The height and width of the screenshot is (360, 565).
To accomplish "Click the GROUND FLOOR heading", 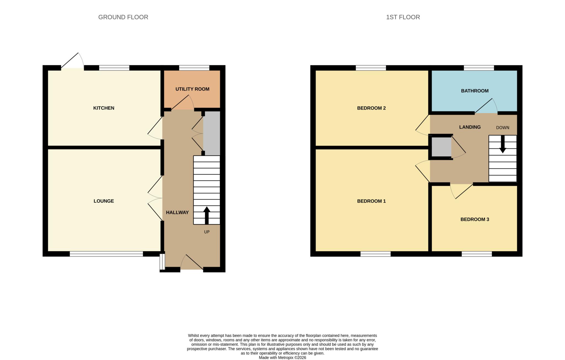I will (x=123, y=17).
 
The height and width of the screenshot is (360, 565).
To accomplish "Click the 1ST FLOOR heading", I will (x=403, y=17).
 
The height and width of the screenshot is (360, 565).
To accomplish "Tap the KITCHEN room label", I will (x=104, y=108).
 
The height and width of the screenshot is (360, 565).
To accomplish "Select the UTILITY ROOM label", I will (x=192, y=89).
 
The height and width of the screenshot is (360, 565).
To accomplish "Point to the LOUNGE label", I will (x=104, y=201).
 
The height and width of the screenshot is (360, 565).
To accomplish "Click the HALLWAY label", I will (x=177, y=212).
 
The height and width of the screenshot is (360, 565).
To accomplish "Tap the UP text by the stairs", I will (x=207, y=232).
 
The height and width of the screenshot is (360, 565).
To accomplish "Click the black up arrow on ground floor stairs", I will (x=207, y=215).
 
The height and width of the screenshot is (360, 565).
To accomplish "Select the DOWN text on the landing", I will (x=503, y=128).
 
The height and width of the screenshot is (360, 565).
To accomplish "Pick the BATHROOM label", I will (x=475, y=91).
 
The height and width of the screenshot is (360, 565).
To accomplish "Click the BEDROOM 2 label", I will (x=371, y=108).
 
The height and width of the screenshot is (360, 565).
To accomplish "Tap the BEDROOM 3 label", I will (x=475, y=219).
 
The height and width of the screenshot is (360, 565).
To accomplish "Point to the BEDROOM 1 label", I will (x=371, y=201).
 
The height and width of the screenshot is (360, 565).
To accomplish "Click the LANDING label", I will (x=470, y=127).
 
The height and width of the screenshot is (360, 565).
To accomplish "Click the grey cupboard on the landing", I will (x=441, y=147).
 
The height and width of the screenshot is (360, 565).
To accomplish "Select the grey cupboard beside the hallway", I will (x=212, y=133).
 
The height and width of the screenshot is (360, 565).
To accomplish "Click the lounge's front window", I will (x=106, y=254).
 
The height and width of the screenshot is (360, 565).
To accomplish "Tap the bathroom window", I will (x=479, y=68).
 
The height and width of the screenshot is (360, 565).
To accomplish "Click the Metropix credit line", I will (x=282, y=358).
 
